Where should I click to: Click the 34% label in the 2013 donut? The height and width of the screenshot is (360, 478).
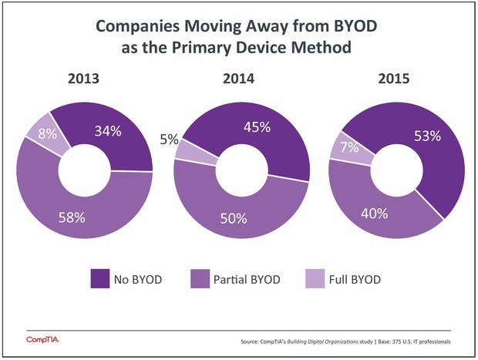(108, 131)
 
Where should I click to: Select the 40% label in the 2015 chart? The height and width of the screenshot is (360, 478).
(377, 214)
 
